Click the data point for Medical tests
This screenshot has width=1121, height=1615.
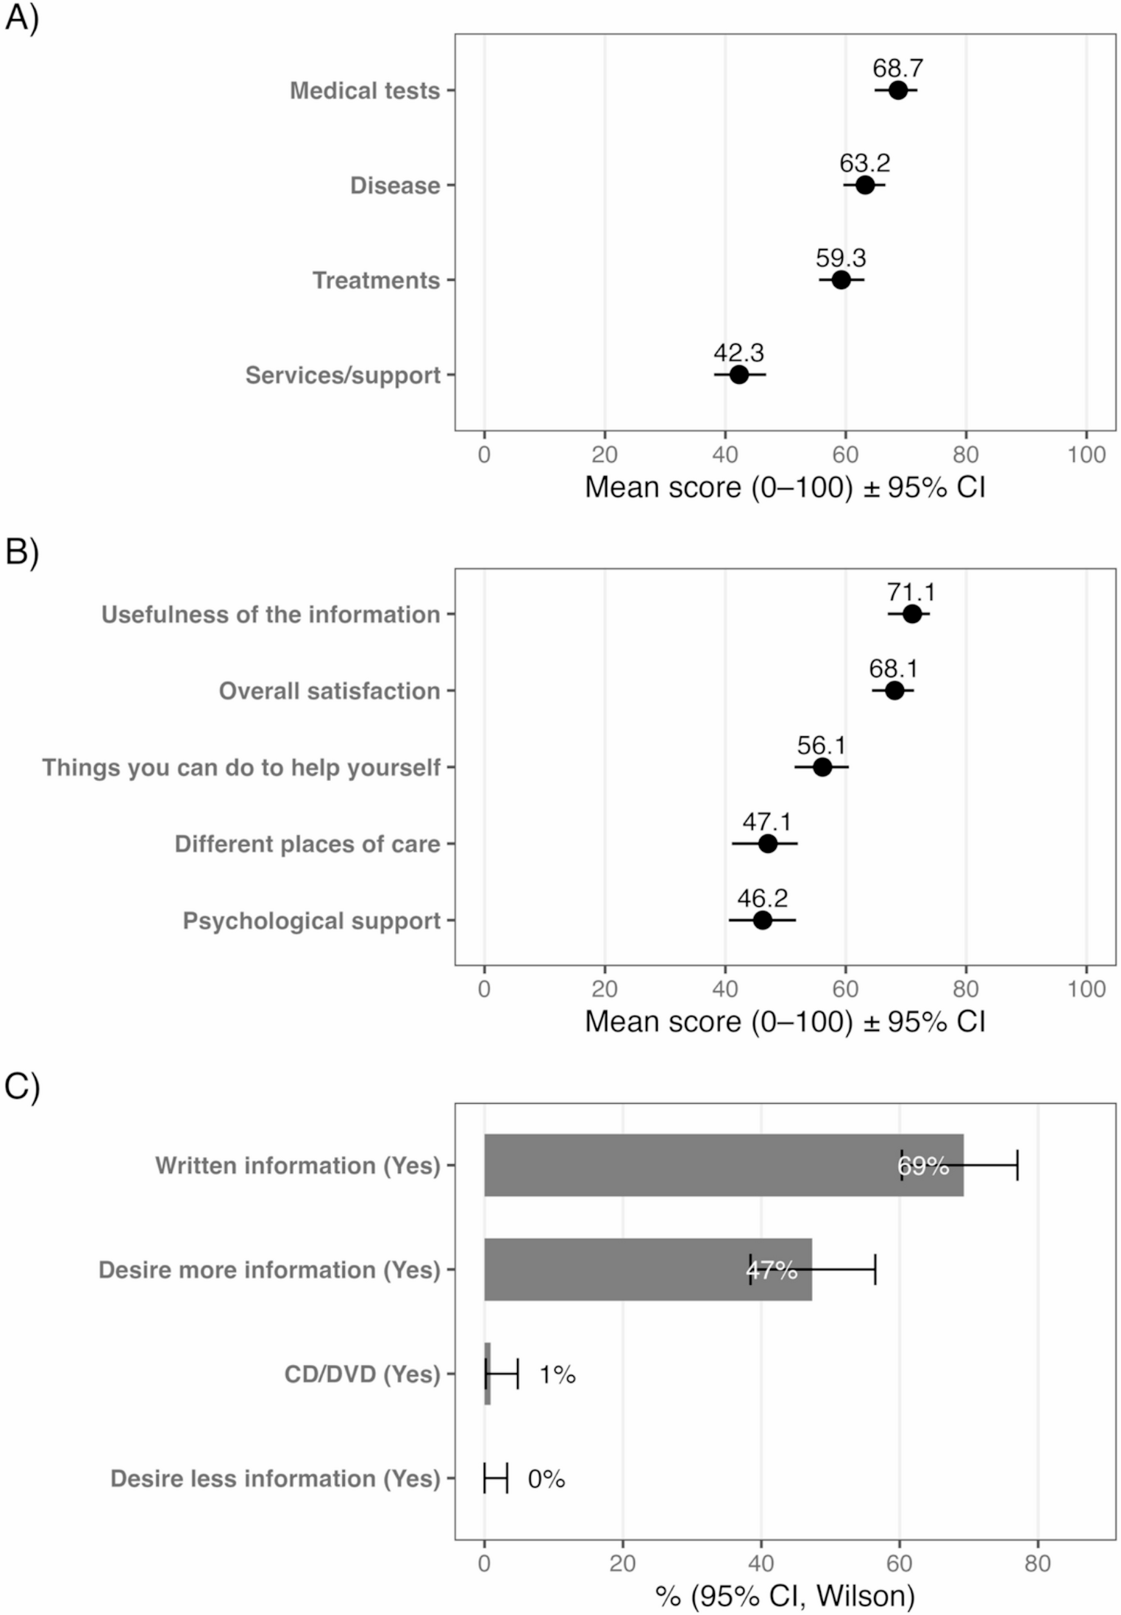click(x=897, y=90)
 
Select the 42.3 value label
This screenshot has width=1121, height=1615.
click(x=739, y=352)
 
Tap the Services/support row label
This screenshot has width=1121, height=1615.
click(x=343, y=375)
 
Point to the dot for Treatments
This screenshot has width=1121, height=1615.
click(x=841, y=280)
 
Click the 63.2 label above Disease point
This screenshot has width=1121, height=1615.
click(x=864, y=163)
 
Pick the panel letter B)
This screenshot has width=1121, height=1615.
click(x=21, y=552)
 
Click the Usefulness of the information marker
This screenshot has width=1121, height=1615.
click(x=911, y=614)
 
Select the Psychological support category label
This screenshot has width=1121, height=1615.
click(x=311, y=921)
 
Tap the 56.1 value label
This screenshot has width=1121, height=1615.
click(x=821, y=745)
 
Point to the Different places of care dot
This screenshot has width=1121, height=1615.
click(x=767, y=844)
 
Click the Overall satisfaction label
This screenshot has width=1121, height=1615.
click(x=329, y=691)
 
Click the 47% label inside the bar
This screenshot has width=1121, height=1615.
click(x=772, y=1270)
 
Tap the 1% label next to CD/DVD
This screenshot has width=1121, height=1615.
click(x=557, y=1375)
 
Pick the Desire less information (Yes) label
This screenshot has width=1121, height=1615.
click(x=275, y=1479)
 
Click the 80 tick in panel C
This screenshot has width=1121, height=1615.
click(x=1037, y=1563)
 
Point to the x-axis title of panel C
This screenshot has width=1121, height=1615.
click(x=784, y=1596)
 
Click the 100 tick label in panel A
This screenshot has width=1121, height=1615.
click(x=1086, y=454)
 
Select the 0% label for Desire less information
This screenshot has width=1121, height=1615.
click(x=546, y=1479)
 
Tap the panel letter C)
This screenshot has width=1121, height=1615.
click(x=21, y=1086)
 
